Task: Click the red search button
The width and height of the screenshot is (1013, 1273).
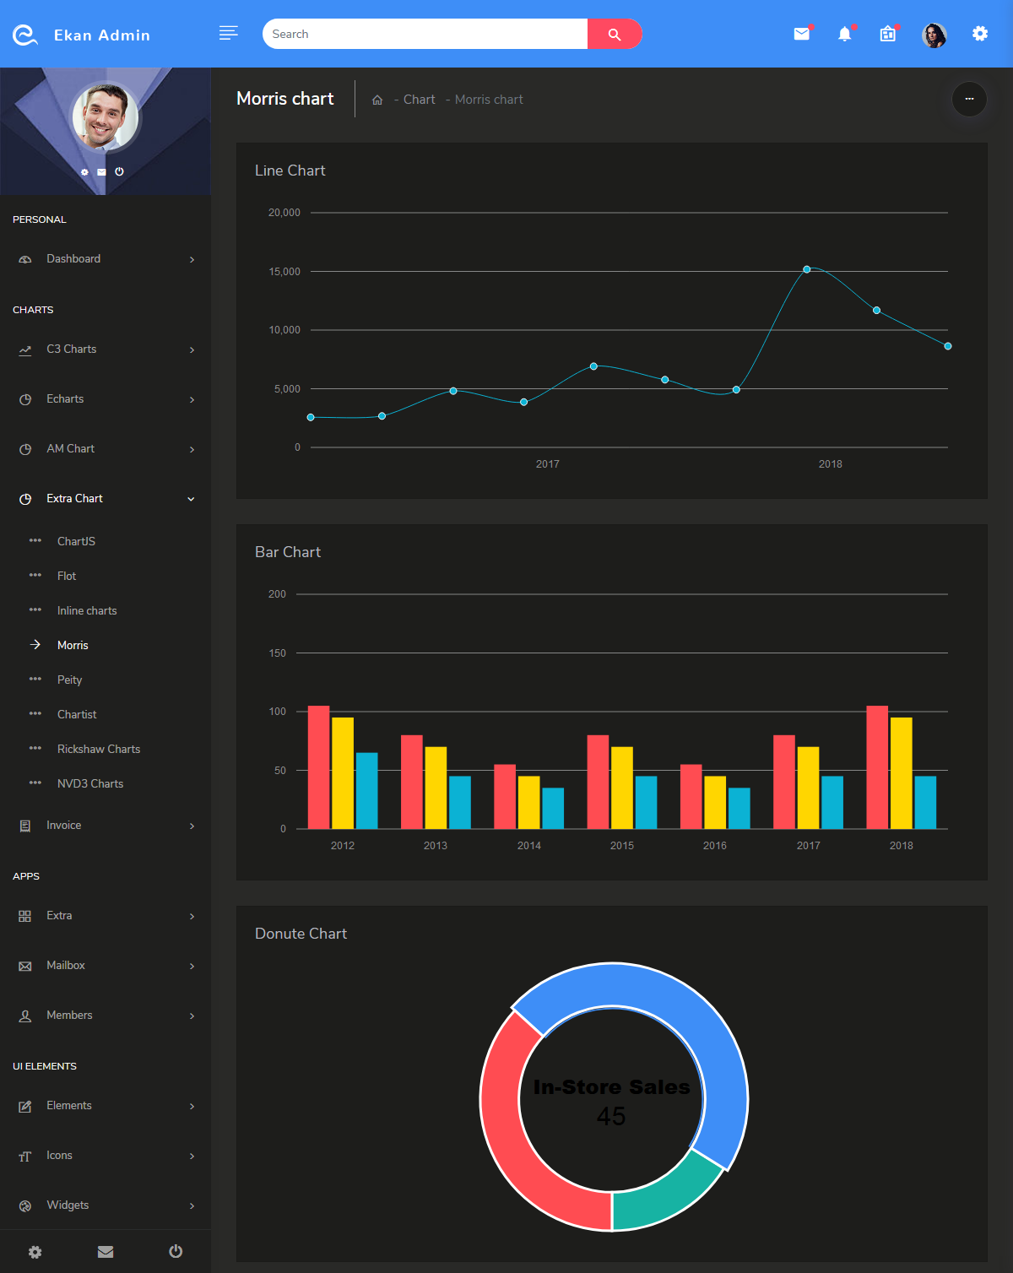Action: tap(615, 34)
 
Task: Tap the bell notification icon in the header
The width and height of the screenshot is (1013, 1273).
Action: tap(844, 34)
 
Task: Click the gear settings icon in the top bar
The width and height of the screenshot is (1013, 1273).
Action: tap(979, 34)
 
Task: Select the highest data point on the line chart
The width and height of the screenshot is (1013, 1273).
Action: tap(807, 269)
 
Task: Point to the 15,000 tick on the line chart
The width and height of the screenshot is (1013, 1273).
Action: tap(284, 272)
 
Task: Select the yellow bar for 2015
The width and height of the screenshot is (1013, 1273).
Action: tap(622, 787)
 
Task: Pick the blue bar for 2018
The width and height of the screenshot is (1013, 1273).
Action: tap(925, 802)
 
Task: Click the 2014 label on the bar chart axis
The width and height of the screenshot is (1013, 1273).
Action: tap(529, 846)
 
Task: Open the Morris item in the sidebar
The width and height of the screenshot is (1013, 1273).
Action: tap(73, 646)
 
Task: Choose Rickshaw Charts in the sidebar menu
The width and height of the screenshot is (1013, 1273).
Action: tap(99, 750)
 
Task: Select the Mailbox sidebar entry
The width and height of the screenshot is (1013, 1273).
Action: tap(66, 966)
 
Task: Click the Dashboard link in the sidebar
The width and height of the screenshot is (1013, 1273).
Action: tap(73, 259)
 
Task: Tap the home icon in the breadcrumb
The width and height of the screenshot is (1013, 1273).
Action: tap(377, 100)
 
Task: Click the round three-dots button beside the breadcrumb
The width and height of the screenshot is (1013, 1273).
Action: tap(969, 99)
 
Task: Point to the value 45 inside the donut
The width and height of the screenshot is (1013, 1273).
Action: tap(611, 1117)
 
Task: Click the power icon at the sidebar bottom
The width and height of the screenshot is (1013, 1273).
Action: tap(176, 1251)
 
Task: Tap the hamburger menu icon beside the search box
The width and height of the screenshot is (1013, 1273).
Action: tap(228, 33)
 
